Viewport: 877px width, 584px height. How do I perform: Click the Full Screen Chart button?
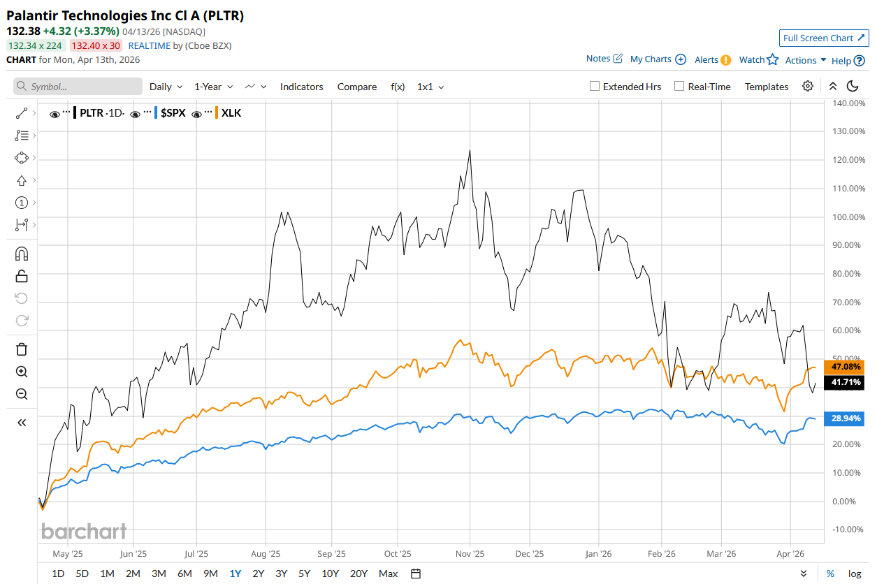pyautogui.click(x=824, y=38)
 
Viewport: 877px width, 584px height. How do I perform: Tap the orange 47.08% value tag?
pyautogui.click(x=846, y=367)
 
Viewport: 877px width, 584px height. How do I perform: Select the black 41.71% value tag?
pyautogui.click(x=846, y=383)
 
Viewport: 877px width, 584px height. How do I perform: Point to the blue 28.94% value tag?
pyautogui.click(x=846, y=418)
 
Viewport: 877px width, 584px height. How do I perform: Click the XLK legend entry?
pyautogui.click(x=231, y=112)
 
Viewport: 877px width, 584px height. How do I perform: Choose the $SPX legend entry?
pyautogui.click(x=173, y=112)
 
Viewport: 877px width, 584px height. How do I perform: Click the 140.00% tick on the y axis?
pyautogui.click(x=848, y=103)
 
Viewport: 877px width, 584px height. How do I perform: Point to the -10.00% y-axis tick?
pyautogui.click(x=848, y=530)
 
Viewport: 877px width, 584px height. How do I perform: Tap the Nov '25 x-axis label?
pyautogui.click(x=470, y=554)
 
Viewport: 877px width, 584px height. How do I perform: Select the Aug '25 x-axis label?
pyautogui.click(x=265, y=554)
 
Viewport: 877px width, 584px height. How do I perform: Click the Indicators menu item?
pyautogui.click(x=301, y=87)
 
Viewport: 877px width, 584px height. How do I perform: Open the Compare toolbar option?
pyautogui.click(x=356, y=87)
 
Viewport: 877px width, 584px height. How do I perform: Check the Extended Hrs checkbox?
pyautogui.click(x=595, y=87)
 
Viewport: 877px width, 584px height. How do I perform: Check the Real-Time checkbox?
pyautogui.click(x=679, y=87)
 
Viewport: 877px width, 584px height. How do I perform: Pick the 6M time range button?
pyautogui.click(x=184, y=574)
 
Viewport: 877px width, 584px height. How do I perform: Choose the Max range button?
pyautogui.click(x=388, y=574)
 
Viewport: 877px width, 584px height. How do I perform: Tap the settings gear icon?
pyautogui.click(x=808, y=86)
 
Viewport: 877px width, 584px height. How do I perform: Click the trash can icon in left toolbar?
pyautogui.click(x=22, y=349)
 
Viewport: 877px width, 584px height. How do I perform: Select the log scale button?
pyautogui.click(x=855, y=574)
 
